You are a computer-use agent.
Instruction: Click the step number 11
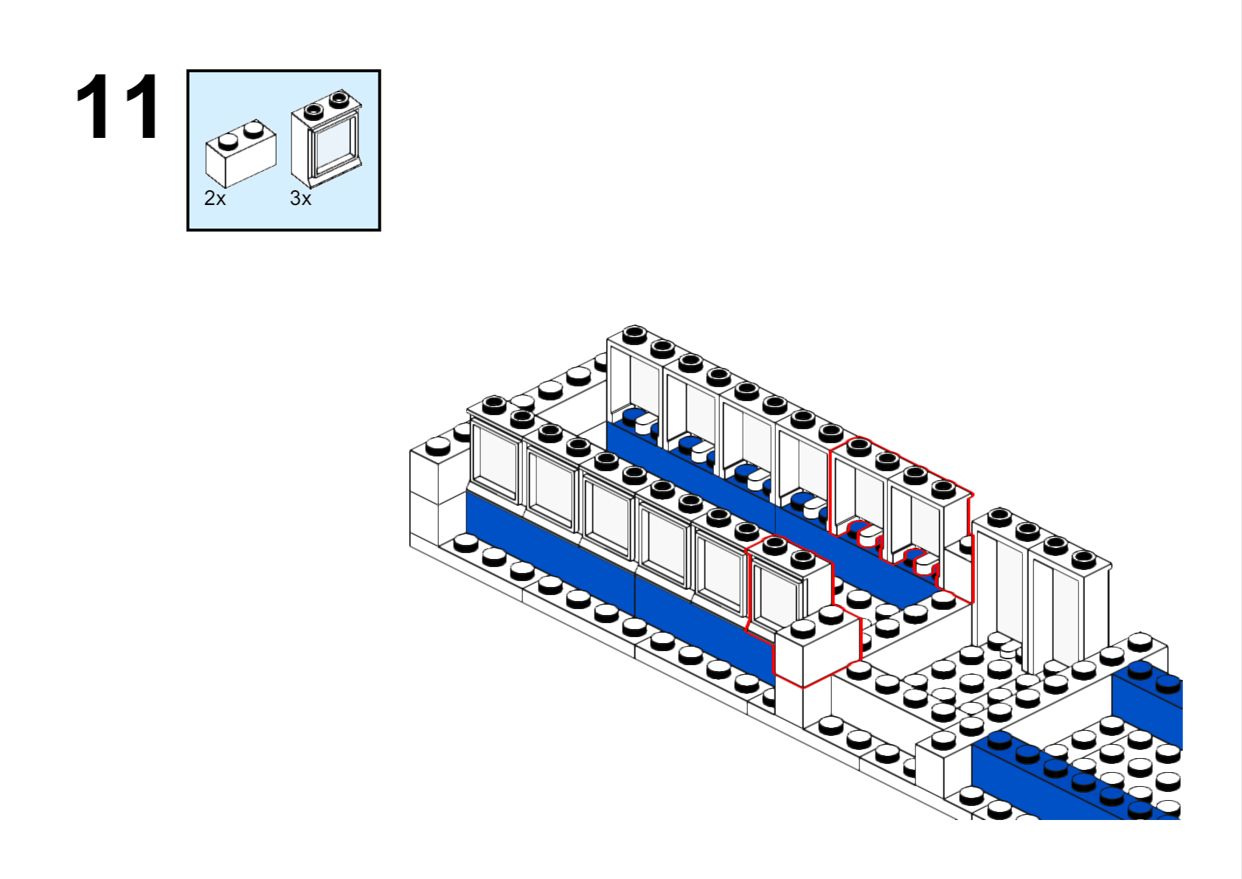click(117, 108)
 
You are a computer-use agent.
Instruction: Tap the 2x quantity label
click(215, 198)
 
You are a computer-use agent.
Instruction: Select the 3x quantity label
click(300, 198)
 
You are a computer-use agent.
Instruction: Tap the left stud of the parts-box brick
click(228, 139)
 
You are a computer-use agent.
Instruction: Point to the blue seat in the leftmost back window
click(633, 417)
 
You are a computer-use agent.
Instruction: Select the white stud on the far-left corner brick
click(438, 446)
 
